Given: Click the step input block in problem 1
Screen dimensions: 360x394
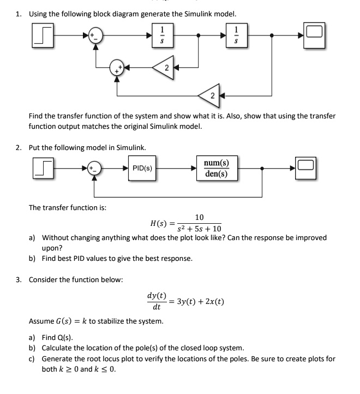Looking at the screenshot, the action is pyautogui.click(x=43, y=35).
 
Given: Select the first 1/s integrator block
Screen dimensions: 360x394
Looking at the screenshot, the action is pyautogui.click(x=163, y=35).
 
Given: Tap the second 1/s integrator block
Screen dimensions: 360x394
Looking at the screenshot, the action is pyautogui.click(x=236, y=35).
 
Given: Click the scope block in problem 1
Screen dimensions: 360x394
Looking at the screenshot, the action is pyautogui.click(x=314, y=35).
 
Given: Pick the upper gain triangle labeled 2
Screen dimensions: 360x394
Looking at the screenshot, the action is pyautogui.click(x=165, y=68).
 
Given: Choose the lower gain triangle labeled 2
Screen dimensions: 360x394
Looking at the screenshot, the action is pyautogui.click(x=211, y=95).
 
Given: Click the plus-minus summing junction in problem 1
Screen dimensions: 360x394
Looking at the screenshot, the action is pyautogui.click(x=95, y=35).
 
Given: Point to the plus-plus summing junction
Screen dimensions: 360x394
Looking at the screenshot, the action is pyautogui.click(x=117, y=68).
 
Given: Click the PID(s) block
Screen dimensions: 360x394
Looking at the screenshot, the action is pyautogui.click(x=142, y=168).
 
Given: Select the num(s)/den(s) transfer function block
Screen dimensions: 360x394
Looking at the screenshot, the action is pyautogui.click(x=217, y=168).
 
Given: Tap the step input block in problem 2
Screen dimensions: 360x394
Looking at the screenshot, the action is pyautogui.click(x=43, y=168).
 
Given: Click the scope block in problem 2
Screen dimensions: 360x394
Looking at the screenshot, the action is pyautogui.click(x=305, y=168).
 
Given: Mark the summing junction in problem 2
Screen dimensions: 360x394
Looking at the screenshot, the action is pyautogui.click(x=94, y=168).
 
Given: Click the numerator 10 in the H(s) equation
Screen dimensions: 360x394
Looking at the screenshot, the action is pyautogui.click(x=199, y=217).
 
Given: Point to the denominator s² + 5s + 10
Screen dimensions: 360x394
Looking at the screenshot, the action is pyautogui.click(x=199, y=229).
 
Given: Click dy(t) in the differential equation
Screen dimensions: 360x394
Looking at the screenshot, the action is pyautogui.click(x=157, y=295).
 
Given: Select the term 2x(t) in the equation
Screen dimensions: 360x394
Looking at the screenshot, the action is pyautogui.click(x=214, y=301).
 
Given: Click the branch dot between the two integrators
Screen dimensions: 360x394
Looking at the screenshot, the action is pyautogui.click(x=199, y=35).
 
